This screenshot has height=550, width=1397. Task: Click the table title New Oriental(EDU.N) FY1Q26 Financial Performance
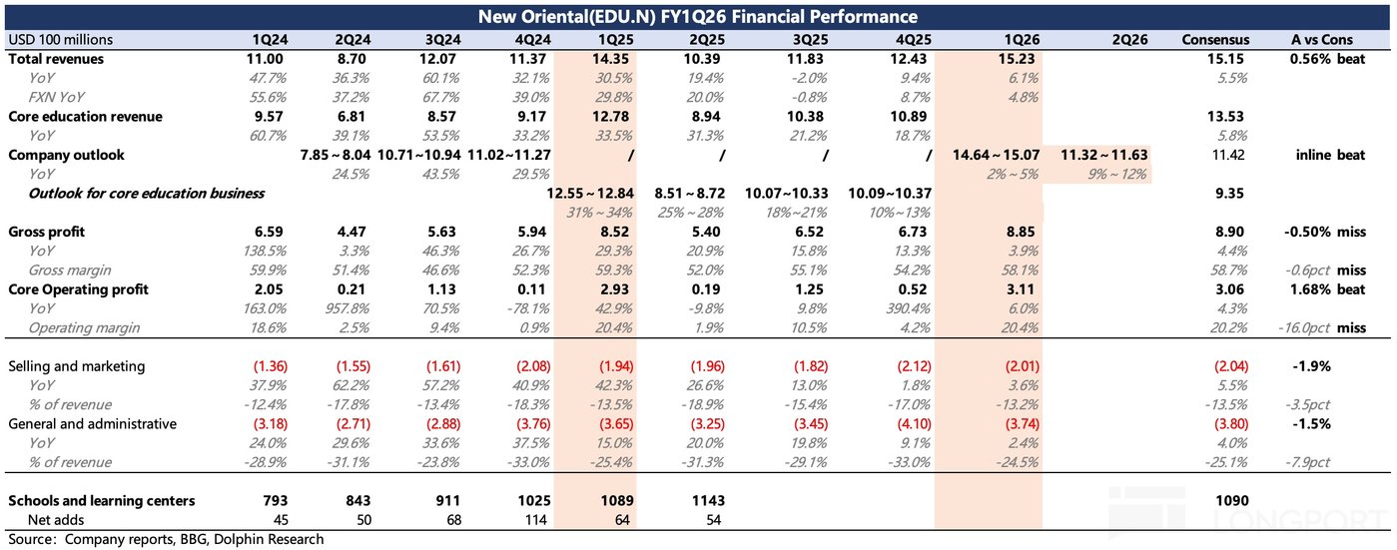[698, 16]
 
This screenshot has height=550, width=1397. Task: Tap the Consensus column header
[1214, 40]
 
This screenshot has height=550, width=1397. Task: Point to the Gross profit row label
[47, 232]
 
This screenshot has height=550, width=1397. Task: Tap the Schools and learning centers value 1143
[704, 500]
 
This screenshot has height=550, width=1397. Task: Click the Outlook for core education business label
[146, 194]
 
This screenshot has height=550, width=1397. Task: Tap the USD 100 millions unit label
[61, 40]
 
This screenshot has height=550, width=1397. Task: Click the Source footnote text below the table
[166, 539]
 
